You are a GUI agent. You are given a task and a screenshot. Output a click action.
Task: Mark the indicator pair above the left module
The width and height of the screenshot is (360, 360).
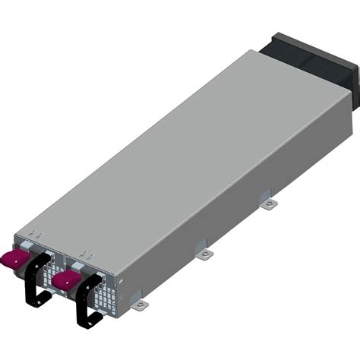tap(31, 232)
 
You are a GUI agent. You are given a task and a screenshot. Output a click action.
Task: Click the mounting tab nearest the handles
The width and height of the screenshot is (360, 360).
tap(141, 305)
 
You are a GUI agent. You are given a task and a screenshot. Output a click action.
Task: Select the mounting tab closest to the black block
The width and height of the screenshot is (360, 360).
tap(268, 204)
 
